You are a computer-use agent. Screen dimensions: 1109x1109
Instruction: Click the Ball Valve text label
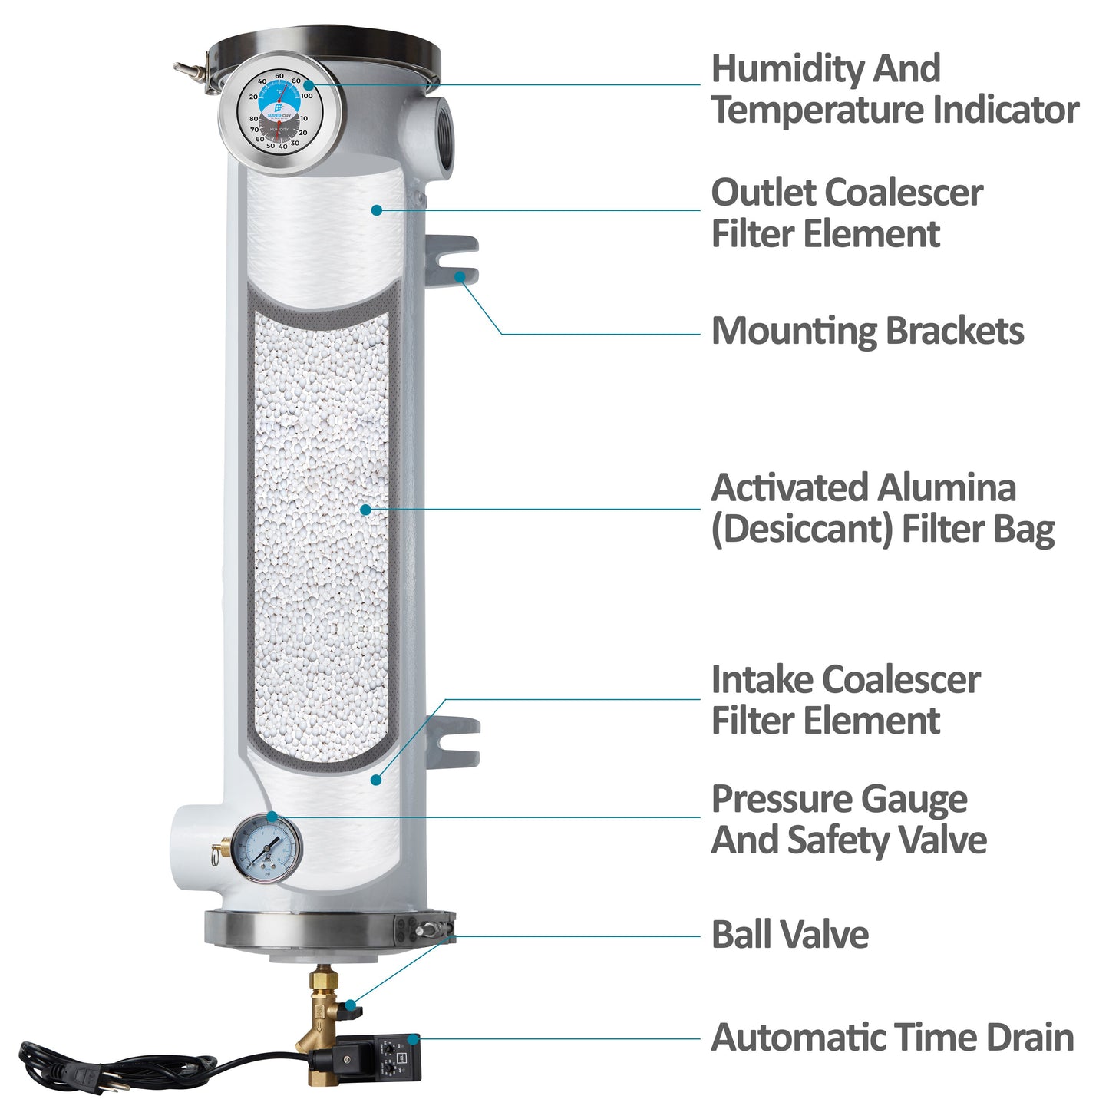point(790,935)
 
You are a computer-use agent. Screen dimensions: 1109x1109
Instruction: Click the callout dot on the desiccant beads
point(365,509)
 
